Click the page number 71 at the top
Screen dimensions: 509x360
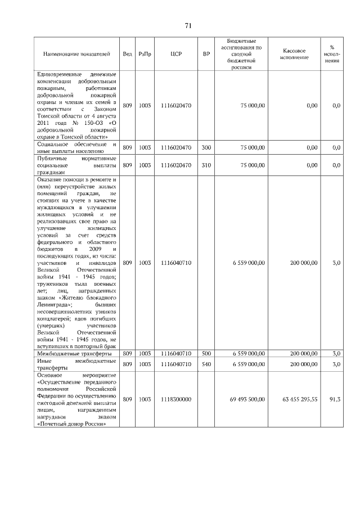[x=188, y=25]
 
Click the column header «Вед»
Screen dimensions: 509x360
[x=128, y=54]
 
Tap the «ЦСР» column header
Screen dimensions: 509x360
[x=175, y=54]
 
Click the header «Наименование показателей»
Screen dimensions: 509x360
[x=76, y=54]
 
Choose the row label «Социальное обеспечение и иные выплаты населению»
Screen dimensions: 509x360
[x=76, y=148]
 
